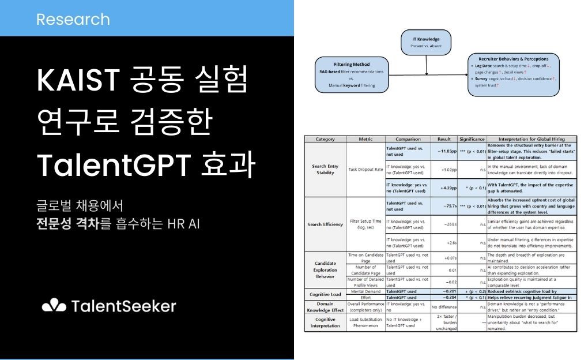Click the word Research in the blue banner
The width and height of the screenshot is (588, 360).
tap(73, 19)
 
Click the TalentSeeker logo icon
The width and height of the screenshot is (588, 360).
tap(54, 305)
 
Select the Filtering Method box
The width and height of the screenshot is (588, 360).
tap(352, 74)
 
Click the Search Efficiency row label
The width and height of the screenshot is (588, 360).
tap(326, 224)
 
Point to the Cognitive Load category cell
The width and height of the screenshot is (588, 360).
tap(326, 295)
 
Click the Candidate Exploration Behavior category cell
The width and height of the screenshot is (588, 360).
tap(326, 268)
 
